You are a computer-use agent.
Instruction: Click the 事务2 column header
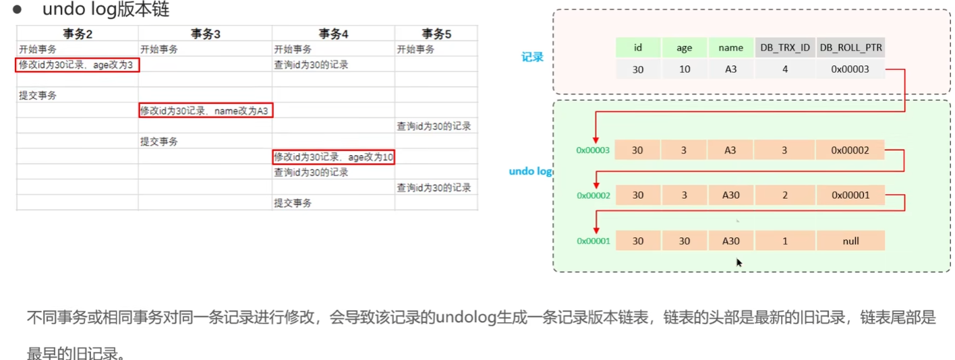(78, 34)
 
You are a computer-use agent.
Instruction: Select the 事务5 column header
(436, 34)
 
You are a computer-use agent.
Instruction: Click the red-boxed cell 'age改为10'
(333, 157)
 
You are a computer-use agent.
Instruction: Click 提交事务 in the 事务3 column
(159, 142)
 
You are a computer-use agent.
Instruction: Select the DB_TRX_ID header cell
(784, 48)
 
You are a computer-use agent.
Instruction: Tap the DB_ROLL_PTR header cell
(850, 48)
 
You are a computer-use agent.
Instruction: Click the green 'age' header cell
(684, 48)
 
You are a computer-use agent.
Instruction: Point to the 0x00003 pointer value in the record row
(850, 69)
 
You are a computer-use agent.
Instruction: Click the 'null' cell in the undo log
(850, 241)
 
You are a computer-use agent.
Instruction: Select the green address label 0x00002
(593, 196)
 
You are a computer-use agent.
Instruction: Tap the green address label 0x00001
(593, 241)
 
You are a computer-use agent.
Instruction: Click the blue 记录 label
(532, 57)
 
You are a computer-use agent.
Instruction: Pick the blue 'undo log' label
(531, 171)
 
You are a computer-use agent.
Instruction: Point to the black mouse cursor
(739, 262)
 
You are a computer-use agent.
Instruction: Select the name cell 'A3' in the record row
(730, 69)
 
